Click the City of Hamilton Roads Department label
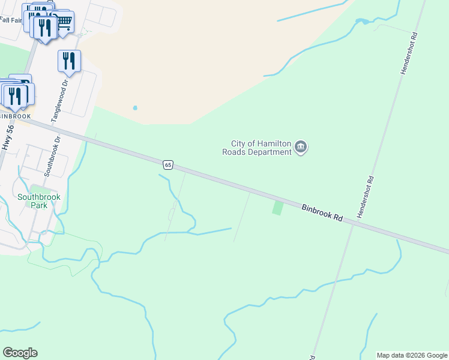click(x=261, y=148)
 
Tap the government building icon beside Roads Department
click(x=301, y=147)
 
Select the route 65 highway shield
click(x=168, y=164)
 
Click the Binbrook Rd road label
click(x=322, y=212)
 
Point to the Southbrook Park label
click(x=38, y=200)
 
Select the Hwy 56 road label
click(x=8, y=137)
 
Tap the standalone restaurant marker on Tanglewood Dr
click(x=70, y=61)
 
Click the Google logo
click(x=20, y=353)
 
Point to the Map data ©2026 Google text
click(x=412, y=355)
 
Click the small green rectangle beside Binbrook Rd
click(x=277, y=208)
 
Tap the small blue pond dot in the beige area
click(x=135, y=108)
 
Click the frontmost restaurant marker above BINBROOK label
click(x=16, y=95)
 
